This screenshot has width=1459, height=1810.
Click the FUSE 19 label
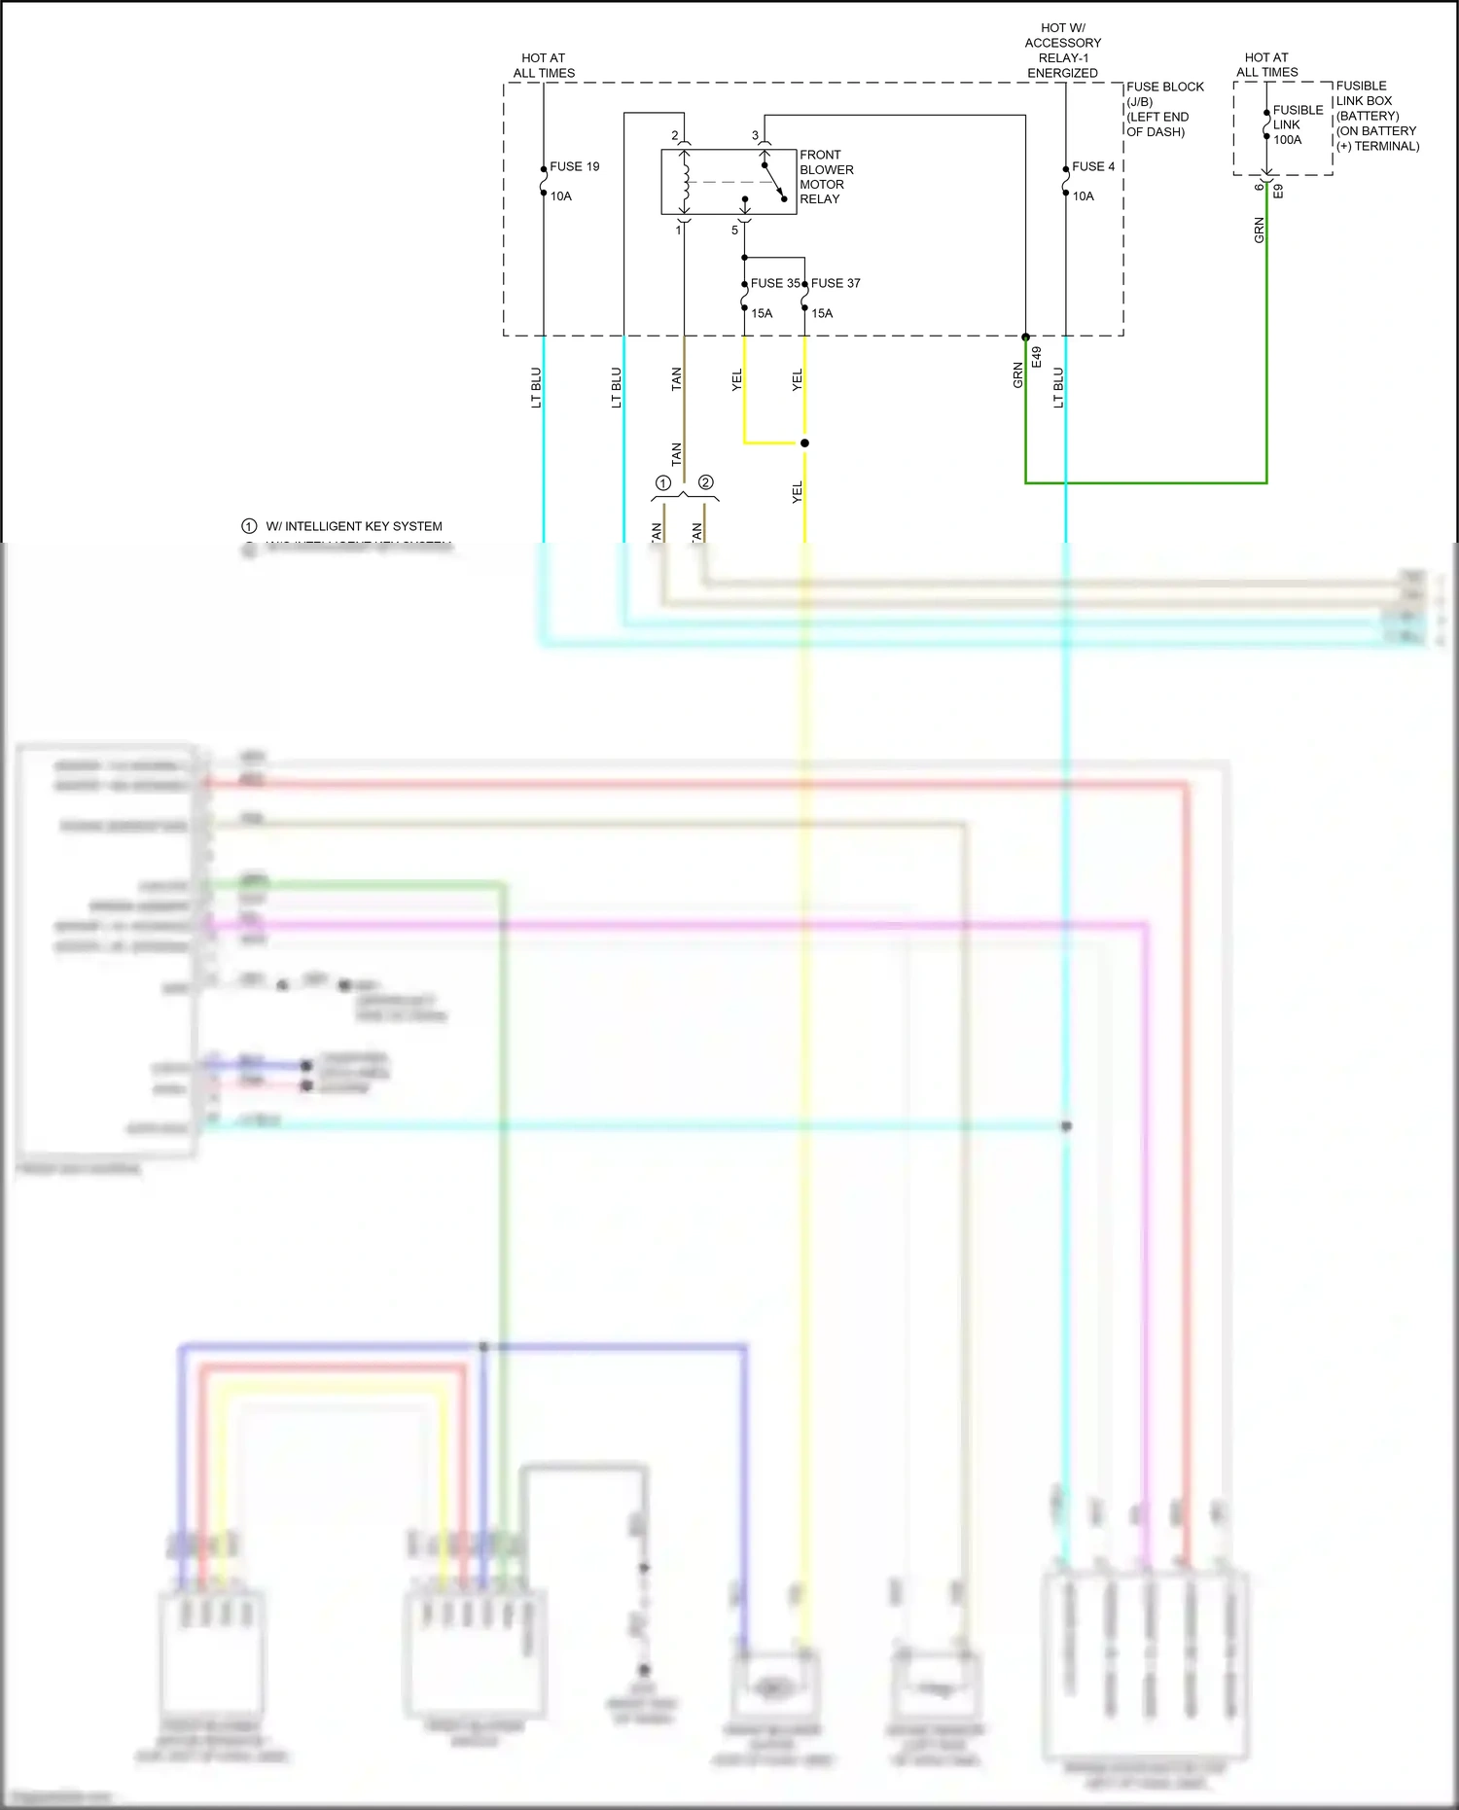tap(574, 166)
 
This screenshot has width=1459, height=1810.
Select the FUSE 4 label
tap(1092, 166)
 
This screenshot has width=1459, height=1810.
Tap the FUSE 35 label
tap(774, 283)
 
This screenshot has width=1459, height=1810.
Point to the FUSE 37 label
tap(836, 283)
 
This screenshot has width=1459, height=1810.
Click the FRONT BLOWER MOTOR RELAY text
tap(826, 177)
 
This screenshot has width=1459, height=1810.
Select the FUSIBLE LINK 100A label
tap(1297, 124)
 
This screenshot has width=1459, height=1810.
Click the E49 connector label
tap(1037, 357)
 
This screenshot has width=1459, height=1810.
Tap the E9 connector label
tap(1279, 192)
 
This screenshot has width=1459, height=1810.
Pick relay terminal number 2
tap(675, 135)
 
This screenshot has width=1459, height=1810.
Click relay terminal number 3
tap(755, 135)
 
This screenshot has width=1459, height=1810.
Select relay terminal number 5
tap(734, 231)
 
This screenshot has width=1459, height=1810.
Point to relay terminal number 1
tap(678, 231)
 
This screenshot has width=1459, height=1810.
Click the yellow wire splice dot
tap(804, 444)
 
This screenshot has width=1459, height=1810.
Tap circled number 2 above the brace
tap(706, 482)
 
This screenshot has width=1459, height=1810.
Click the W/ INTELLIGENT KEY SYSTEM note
tap(353, 526)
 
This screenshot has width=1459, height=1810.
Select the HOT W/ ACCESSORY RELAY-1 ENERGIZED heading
tap(1062, 51)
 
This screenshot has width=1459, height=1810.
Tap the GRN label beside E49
tap(1018, 375)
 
